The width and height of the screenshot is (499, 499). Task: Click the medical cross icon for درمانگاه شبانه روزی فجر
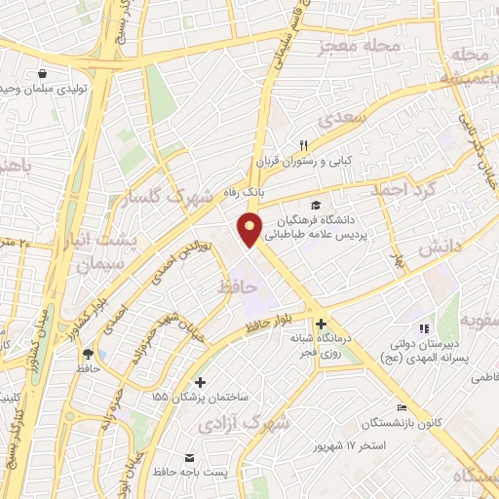coord(321,324)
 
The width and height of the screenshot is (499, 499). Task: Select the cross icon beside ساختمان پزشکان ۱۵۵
coord(201,382)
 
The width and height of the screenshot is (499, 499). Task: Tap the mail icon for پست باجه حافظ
coord(189,457)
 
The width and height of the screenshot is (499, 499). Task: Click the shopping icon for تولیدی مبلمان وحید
coord(42,73)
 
